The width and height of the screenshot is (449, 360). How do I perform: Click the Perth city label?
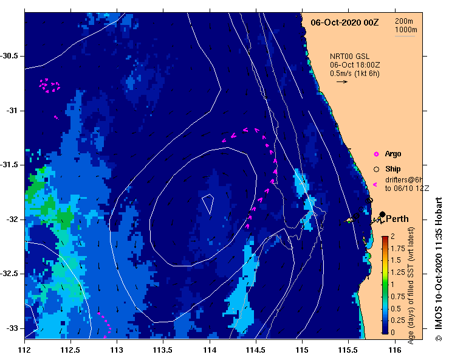[x=397, y=219]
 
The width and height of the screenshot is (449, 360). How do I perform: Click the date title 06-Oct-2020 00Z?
[x=344, y=22]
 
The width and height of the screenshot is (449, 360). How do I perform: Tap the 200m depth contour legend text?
[x=406, y=21]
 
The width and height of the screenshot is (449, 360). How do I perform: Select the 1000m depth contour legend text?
[x=406, y=30]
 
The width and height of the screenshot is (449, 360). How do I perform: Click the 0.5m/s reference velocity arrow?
[x=341, y=81]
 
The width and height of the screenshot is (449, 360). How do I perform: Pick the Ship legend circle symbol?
[x=377, y=168]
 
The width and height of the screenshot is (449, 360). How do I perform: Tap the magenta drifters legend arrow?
[x=375, y=184]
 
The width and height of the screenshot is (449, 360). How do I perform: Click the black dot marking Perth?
[x=382, y=214]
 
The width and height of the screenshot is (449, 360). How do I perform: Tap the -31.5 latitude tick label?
[x=12, y=165]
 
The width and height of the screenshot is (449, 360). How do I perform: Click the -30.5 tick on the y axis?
[x=12, y=56]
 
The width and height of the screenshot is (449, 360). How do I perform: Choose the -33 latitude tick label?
[x=13, y=328]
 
